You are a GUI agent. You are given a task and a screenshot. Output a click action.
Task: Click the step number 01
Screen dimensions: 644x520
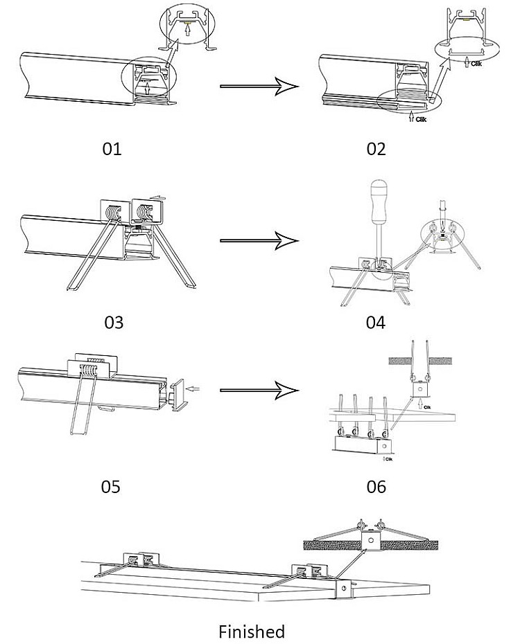[x=112, y=148]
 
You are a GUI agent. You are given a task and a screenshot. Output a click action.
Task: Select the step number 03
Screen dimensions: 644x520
[x=113, y=322]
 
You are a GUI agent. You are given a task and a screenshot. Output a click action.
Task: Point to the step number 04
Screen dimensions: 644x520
[x=375, y=322]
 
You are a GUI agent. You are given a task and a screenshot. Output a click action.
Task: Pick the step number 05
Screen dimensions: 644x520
[x=111, y=486]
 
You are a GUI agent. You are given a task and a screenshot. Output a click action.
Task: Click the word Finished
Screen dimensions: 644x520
[x=252, y=631]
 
